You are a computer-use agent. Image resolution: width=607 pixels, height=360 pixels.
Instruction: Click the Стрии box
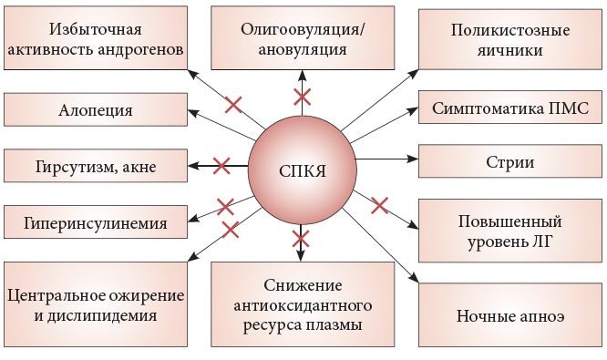509,164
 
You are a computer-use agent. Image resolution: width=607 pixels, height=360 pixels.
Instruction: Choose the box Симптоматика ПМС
509,108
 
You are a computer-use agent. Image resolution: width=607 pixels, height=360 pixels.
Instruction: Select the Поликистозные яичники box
509,40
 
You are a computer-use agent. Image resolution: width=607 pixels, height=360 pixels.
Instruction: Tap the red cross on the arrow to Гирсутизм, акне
221,166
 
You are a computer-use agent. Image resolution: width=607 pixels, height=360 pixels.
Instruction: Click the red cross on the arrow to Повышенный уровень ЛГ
380,204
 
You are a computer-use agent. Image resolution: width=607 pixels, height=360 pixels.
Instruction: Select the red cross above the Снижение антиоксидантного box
299,242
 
